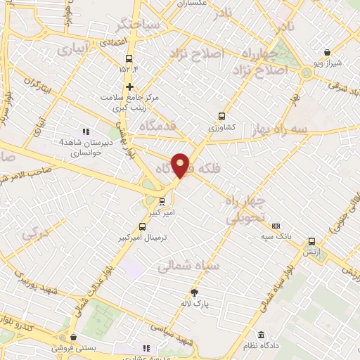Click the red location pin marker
pos(180,165)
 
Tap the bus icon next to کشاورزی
pos(222,117)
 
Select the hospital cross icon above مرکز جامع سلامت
pos(129,86)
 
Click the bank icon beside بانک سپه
pos(276,226)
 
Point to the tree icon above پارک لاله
pos(194,292)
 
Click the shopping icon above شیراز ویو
pos(328,51)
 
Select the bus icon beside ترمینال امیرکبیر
pos(143,227)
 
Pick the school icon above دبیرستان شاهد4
pos(86,131)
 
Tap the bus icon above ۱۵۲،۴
pos(129,58)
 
